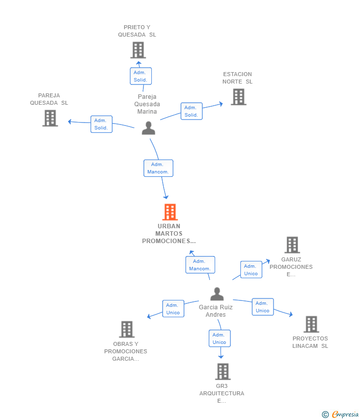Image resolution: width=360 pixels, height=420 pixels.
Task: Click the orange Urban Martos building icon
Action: click(x=170, y=212)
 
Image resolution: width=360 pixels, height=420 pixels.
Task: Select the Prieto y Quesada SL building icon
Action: click(x=138, y=50)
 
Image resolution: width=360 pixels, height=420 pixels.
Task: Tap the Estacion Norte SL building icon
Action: click(x=238, y=97)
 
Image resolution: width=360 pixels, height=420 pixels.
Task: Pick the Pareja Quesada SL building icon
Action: click(x=50, y=118)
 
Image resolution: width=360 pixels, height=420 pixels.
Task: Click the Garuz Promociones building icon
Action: click(x=292, y=245)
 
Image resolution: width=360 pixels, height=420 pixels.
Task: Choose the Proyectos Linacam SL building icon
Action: click(x=311, y=324)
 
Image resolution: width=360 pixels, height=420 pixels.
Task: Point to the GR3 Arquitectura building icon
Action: click(x=223, y=372)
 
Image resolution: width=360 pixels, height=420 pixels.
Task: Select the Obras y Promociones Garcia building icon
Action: click(x=127, y=329)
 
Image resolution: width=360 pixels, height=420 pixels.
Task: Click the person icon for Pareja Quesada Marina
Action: click(x=148, y=128)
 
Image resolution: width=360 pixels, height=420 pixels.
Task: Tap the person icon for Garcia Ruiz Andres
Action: click(x=217, y=294)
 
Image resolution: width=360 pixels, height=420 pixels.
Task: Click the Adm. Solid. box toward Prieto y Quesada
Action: click(x=141, y=76)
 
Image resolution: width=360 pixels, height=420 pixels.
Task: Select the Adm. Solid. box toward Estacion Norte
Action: click(x=191, y=111)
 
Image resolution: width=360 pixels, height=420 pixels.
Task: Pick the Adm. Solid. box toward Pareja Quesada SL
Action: click(x=101, y=124)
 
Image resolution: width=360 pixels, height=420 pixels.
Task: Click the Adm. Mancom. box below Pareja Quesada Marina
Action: click(x=158, y=168)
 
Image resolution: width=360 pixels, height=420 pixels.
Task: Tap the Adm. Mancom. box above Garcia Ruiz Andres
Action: click(x=200, y=265)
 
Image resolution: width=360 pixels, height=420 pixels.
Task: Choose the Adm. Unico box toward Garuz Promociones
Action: click(x=251, y=270)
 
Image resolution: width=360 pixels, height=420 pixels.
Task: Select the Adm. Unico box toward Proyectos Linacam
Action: click(x=263, y=307)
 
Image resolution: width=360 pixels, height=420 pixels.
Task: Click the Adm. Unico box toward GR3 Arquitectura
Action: click(x=220, y=338)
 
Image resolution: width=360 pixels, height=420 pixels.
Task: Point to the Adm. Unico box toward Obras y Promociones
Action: click(x=173, y=308)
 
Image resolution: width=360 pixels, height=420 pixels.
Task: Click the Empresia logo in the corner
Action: click(x=340, y=414)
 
